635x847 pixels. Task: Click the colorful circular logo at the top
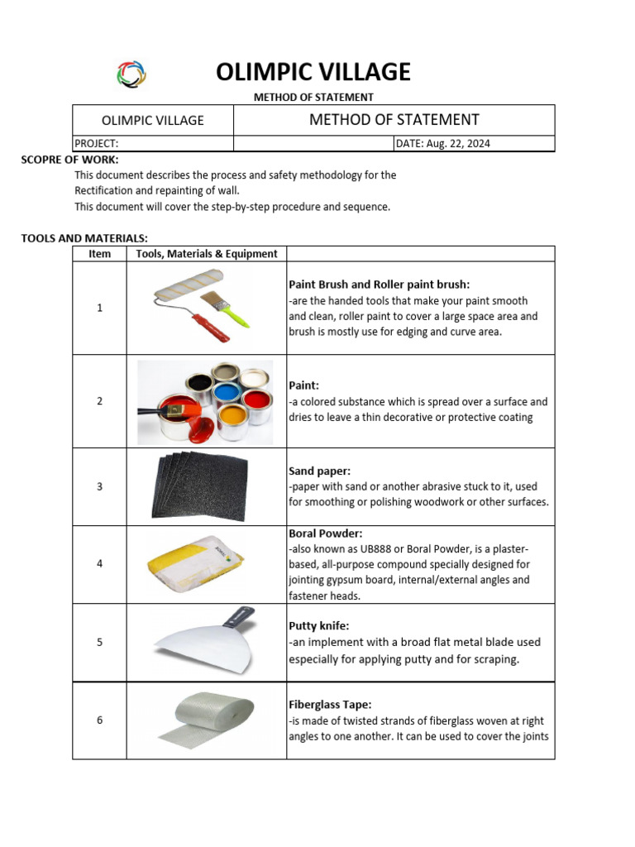[x=131, y=74]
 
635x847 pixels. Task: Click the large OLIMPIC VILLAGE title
[x=313, y=73]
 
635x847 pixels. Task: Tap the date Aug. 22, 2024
[x=443, y=143]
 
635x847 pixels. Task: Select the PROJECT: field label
[x=97, y=143]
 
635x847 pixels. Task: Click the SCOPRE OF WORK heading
[x=69, y=159]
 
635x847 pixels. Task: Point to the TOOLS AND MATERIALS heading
[x=84, y=238]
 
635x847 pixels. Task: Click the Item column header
[x=99, y=254]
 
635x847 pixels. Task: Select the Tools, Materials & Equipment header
[x=206, y=254]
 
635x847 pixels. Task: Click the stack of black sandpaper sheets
[x=199, y=486]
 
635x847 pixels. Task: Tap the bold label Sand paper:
[x=319, y=471]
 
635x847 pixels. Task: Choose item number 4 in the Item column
[x=99, y=563]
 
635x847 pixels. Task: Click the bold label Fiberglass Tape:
[x=330, y=705]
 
